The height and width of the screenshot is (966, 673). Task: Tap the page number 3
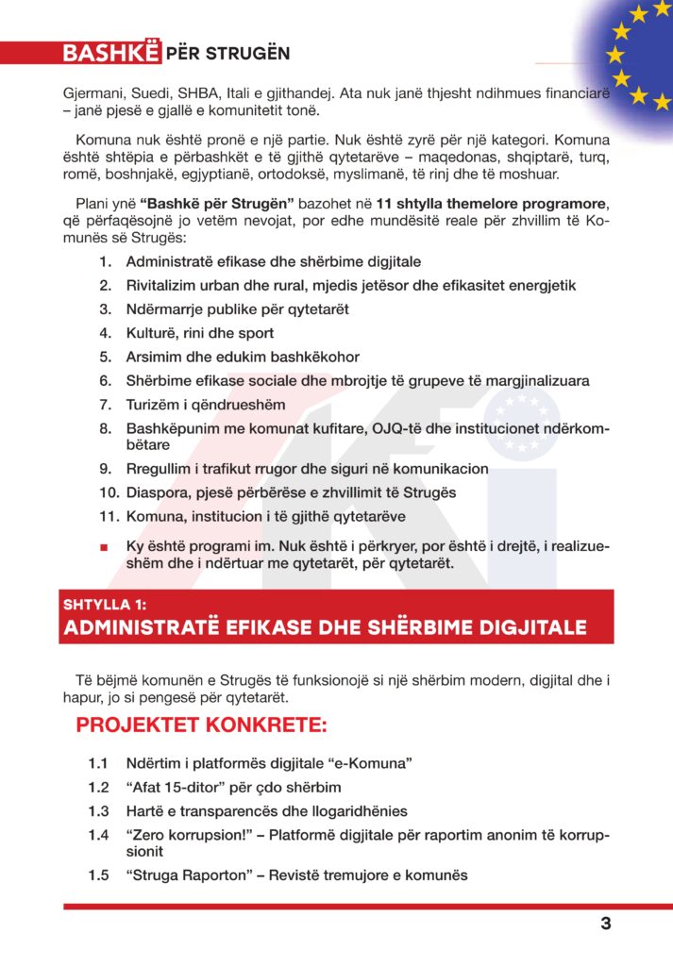(x=606, y=924)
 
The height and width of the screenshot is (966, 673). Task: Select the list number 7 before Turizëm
(x=107, y=405)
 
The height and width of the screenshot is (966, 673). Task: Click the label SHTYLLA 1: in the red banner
(x=106, y=605)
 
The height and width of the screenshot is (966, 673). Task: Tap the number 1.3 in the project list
(x=99, y=810)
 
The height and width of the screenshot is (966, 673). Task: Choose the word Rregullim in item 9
(x=160, y=468)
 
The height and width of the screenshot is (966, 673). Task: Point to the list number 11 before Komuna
(x=108, y=516)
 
